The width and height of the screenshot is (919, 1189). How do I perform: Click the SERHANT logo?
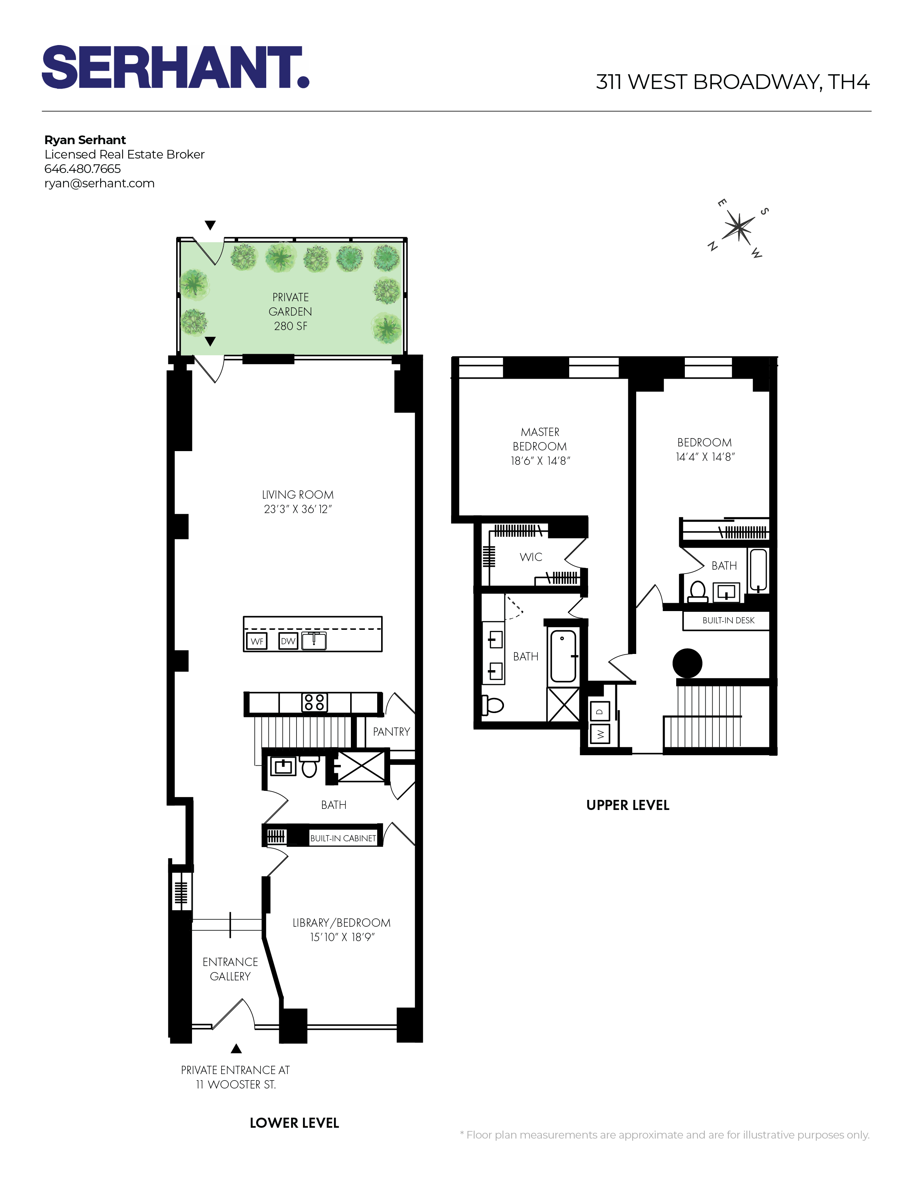175,67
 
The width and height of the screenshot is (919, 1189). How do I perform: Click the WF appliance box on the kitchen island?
257,641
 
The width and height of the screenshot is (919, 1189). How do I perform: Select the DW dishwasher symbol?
288,641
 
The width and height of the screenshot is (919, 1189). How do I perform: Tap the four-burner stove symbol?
315,702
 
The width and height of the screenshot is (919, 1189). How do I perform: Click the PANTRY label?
391,732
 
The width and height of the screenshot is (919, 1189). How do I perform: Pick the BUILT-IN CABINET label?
343,838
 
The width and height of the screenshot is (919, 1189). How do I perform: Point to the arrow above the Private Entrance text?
236,1048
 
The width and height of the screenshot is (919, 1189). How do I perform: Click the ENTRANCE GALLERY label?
230,969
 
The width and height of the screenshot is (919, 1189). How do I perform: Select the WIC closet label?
531,557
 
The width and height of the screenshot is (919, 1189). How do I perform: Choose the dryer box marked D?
600,711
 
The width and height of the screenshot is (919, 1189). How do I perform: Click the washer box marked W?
600,734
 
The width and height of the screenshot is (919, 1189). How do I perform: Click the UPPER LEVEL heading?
628,805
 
